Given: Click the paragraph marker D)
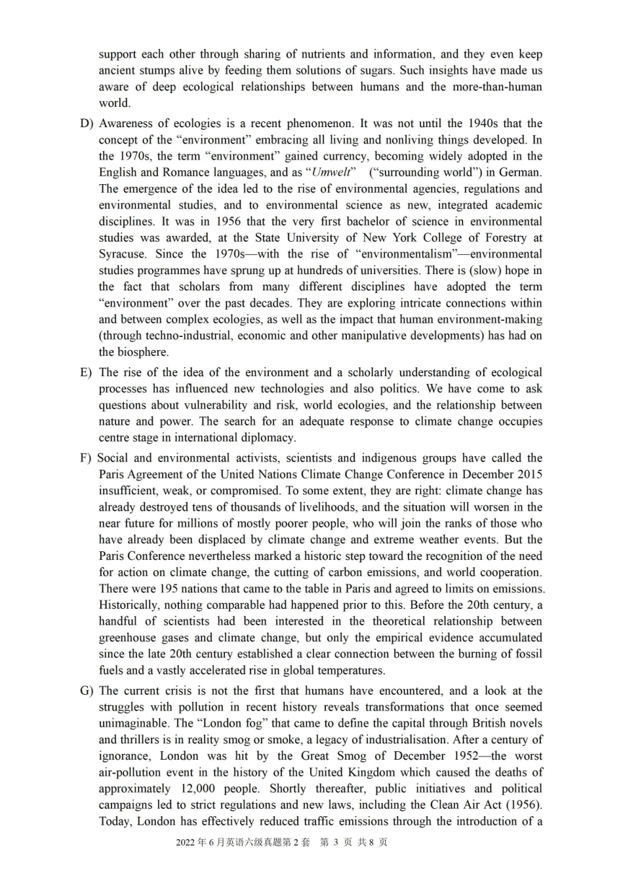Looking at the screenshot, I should (x=87, y=123).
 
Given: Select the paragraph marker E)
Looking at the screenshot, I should (x=86, y=372).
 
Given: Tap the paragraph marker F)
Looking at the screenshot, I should (x=85, y=458).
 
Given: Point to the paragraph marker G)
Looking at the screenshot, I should (x=87, y=691).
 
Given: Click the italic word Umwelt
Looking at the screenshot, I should (x=333, y=172).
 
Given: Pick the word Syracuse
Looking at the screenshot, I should (x=123, y=254).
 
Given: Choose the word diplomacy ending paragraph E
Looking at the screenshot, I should (x=268, y=438).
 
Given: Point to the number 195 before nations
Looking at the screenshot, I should (x=170, y=589).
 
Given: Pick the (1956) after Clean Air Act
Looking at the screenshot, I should (x=524, y=806).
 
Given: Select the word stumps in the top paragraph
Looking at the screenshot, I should (x=154, y=71).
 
